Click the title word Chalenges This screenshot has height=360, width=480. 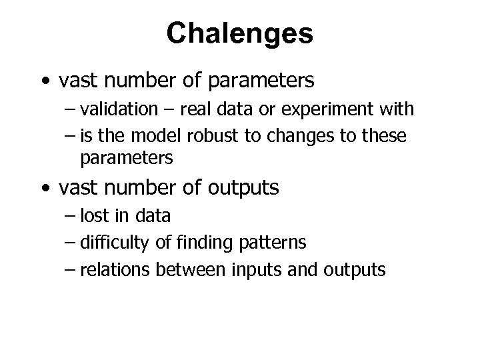point(239,33)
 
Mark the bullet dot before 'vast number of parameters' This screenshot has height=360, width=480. point(43,82)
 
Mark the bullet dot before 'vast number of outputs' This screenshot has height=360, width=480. point(43,189)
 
